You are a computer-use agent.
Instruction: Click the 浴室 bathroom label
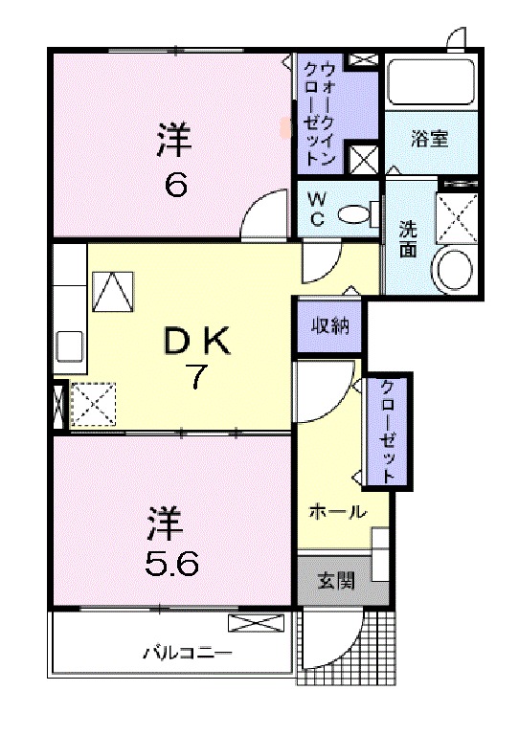point(430,139)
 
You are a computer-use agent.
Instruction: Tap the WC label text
point(316,209)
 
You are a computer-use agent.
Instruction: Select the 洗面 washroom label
point(408,238)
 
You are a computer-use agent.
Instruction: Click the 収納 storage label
point(328,325)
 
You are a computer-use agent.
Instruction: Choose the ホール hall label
point(337,512)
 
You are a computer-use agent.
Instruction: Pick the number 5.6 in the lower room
point(172,565)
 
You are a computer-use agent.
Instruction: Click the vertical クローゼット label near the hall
point(387,430)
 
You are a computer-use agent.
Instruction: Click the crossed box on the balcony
point(256,624)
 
